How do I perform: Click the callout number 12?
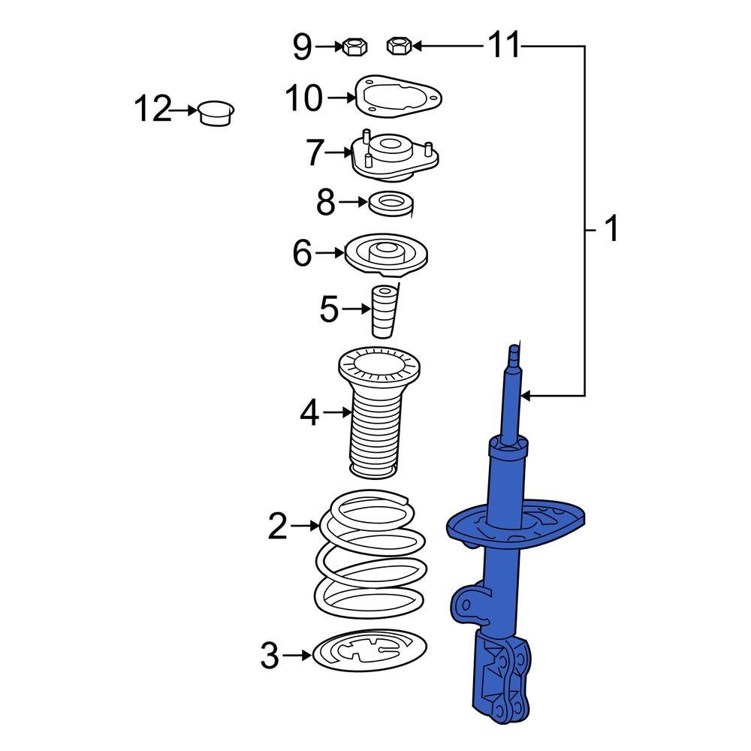click(152, 110)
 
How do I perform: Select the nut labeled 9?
click(353, 47)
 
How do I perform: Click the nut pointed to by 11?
click(398, 47)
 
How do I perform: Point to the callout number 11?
click(504, 47)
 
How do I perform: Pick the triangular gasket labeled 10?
click(397, 96)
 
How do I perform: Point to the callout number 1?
click(612, 229)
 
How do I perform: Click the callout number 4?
click(310, 413)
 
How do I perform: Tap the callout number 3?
click(270, 656)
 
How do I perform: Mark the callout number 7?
click(315, 154)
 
